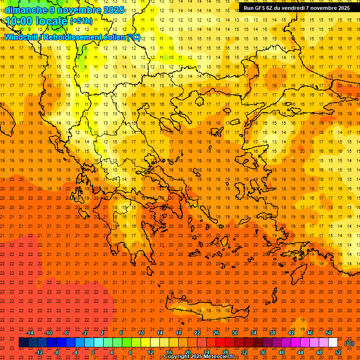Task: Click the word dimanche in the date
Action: click(x=23, y=10)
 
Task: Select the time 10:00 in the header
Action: click(x=19, y=21)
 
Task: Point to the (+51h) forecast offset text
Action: click(x=81, y=21)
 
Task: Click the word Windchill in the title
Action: click(x=21, y=37)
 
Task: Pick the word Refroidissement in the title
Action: click(x=72, y=37)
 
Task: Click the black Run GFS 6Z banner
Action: click(x=296, y=8)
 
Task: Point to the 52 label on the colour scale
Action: click(x=338, y=352)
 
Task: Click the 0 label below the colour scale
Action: click(x=93, y=352)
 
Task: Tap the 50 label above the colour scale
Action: click(x=329, y=333)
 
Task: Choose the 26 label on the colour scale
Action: click(x=216, y=333)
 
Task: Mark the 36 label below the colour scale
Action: click(x=263, y=352)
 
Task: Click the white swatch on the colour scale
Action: click(x=333, y=343)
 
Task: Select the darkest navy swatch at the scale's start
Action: click(x=23, y=343)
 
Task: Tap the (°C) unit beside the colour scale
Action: click(x=349, y=343)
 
